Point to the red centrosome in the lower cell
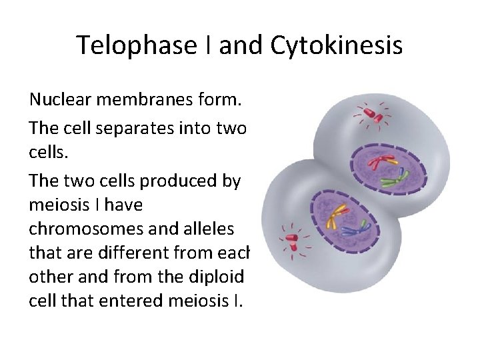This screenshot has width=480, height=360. point(291,237)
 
